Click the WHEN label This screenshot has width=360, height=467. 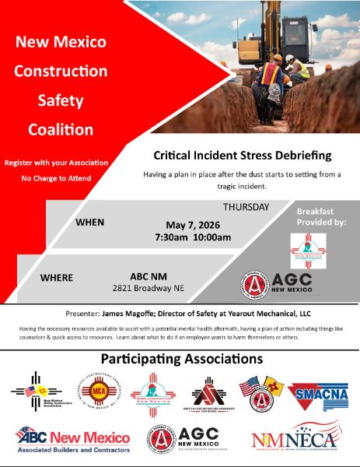(x=89, y=222)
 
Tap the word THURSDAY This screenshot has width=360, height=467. (x=246, y=207)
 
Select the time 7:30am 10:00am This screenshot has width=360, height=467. (x=187, y=237)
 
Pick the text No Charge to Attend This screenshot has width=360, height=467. (x=56, y=178)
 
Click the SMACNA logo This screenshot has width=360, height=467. (x=313, y=396)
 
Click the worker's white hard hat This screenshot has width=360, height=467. (x=289, y=58)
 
